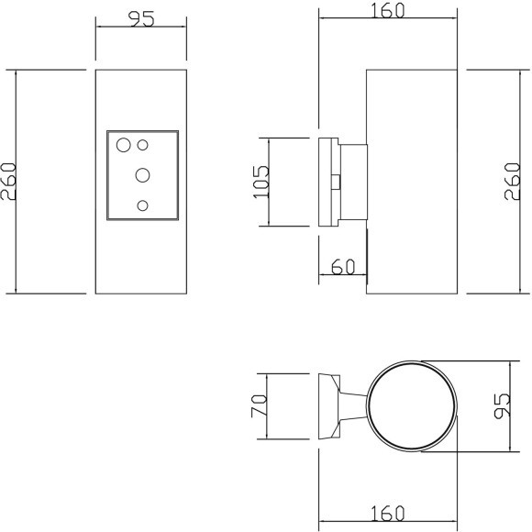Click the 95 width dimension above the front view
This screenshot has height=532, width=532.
140,20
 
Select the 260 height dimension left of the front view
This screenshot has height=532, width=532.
9,182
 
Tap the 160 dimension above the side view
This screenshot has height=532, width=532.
386,10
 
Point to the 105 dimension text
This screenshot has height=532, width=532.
260,182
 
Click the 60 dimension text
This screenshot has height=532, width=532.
342,267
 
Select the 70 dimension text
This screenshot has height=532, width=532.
260,405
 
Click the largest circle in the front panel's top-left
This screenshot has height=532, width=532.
124,143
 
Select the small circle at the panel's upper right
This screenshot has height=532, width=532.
143,144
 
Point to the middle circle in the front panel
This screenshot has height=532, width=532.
143,173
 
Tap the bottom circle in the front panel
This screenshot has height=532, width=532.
142,205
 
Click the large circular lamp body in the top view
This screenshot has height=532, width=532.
411,405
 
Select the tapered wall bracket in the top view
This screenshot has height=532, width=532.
327,405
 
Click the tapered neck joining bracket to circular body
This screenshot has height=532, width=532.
352,405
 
